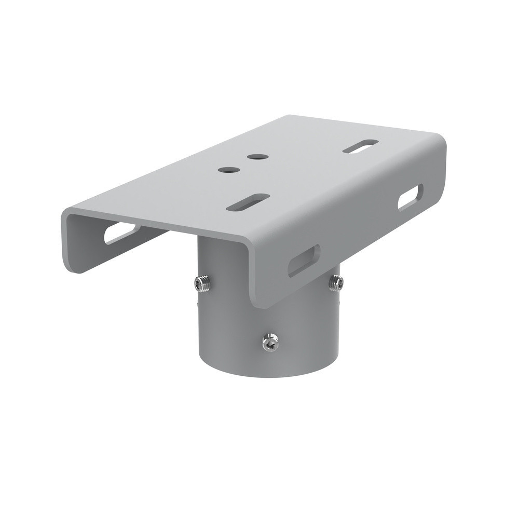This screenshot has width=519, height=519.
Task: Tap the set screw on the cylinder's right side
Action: [336, 282]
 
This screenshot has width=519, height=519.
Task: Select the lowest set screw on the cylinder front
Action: [270, 342]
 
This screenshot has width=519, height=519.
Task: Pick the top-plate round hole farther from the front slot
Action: [257, 156]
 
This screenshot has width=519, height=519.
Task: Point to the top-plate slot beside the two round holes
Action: [248, 202]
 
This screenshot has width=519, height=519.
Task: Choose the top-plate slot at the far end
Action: [361, 146]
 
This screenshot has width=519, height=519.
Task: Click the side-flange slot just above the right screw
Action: [304, 260]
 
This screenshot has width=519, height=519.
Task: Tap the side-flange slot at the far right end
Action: [410, 197]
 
